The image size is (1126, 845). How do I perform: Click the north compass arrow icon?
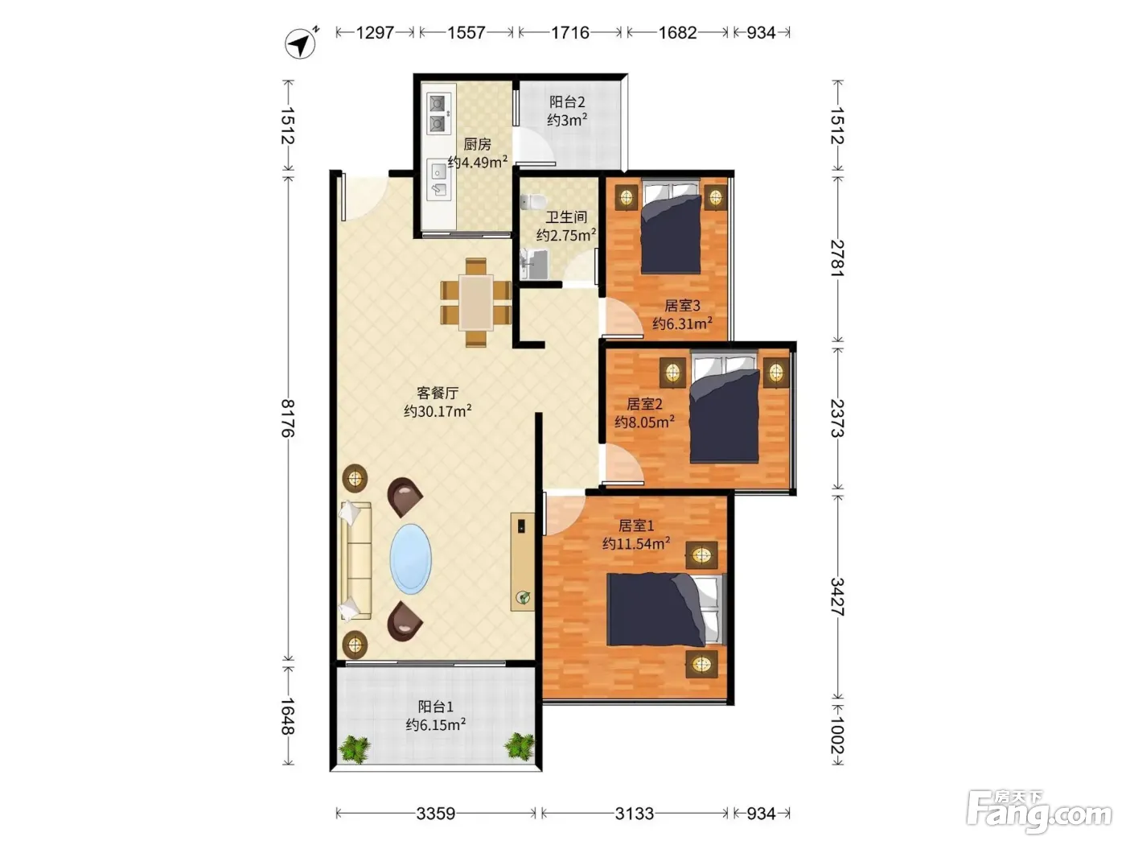(x=301, y=43)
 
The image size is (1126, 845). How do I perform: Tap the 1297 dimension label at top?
(x=375, y=33)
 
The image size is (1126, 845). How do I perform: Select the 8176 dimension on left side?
(x=288, y=418)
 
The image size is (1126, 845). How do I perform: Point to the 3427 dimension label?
(x=837, y=596)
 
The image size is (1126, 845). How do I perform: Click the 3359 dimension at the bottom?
(x=436, y=813)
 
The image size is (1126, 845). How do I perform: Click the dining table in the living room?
(x=476, y=303)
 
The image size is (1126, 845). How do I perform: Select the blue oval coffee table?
(x=410, y=559)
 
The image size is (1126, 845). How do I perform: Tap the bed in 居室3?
(x=671, y=226)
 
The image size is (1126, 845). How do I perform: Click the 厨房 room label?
(x=477, y=144)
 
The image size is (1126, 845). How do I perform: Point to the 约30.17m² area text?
(x=438, y=411)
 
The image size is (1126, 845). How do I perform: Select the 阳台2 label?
(x=567, y=102)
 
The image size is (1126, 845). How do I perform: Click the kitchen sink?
(x=438, y=179)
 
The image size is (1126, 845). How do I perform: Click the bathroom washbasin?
(x=534, y=264)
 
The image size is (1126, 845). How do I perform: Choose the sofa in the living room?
(x=355, y=560)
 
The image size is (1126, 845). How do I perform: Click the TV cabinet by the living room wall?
(x=522, y=562)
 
